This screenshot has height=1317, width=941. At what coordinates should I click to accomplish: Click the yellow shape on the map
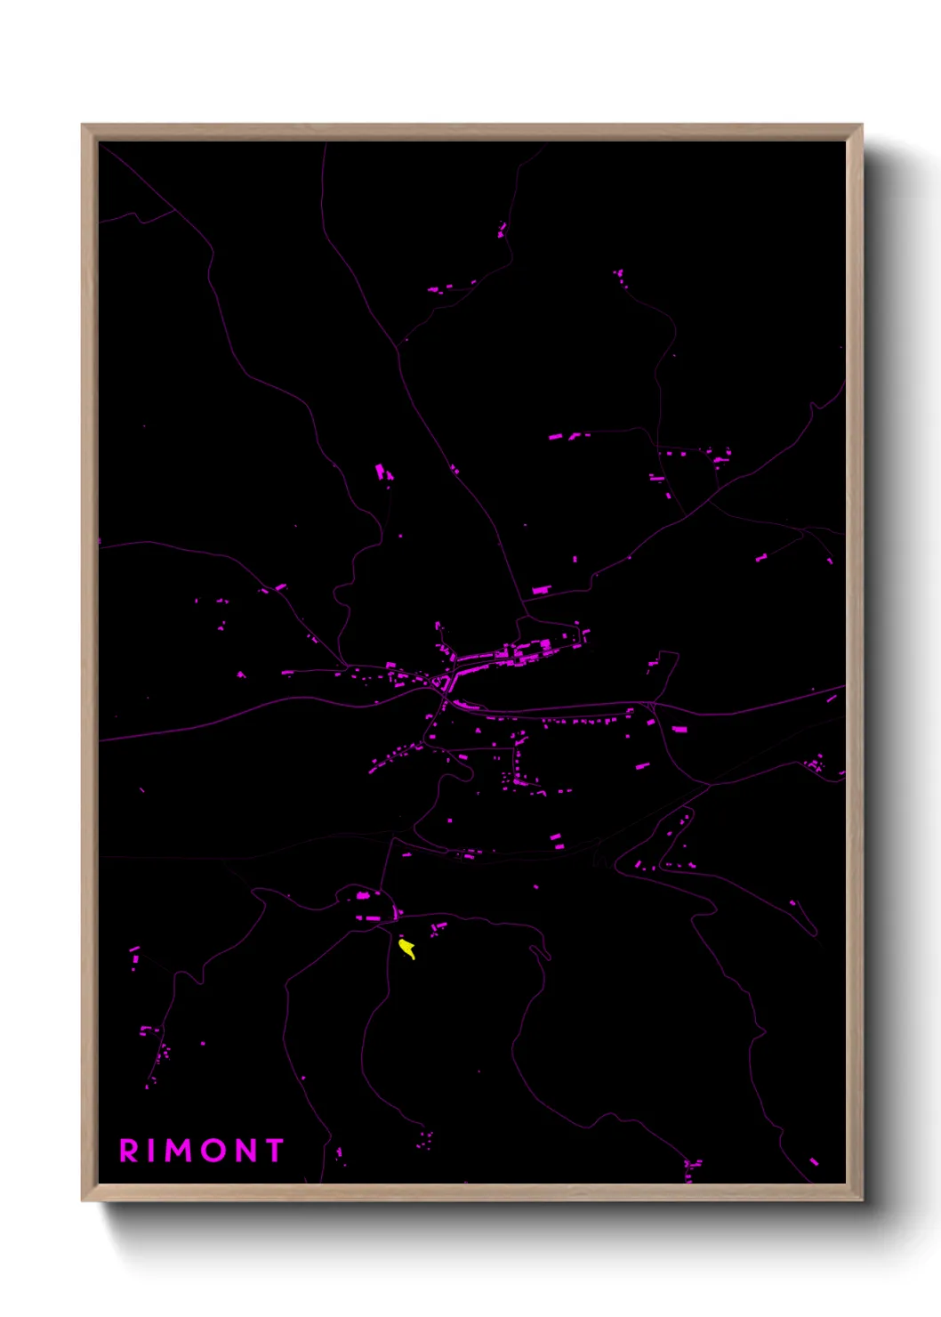tap(407, 949)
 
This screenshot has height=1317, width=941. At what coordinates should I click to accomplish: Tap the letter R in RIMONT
tap(129, 1151)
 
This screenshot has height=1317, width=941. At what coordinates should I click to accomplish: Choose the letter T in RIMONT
tap(273, 1151)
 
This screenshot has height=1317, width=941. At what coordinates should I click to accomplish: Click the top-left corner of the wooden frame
tap(84, 126)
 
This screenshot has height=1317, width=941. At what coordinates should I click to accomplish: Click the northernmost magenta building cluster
tap(503, 230)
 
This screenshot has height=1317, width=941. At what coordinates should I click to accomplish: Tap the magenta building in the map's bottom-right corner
tap(813, 1161)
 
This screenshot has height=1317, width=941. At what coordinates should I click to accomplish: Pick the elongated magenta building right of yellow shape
tap(438, 927)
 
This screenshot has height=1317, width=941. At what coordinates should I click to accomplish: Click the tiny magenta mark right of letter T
tap(338, 1153)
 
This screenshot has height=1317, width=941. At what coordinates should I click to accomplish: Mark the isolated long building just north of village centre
tap(541, 589)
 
